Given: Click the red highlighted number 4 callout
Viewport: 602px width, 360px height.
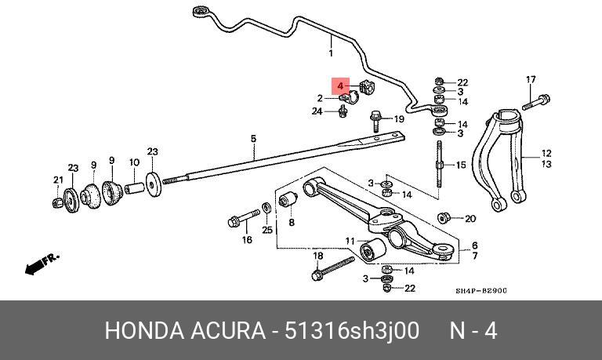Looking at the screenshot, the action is click(340, 86).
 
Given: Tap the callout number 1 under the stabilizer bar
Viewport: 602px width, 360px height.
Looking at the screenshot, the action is click(331, 53).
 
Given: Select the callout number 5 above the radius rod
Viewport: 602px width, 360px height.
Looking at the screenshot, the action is click(253, 138).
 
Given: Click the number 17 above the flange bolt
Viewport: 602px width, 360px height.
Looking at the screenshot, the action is click(531, 79).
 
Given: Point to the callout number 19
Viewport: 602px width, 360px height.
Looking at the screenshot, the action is click(399, 119).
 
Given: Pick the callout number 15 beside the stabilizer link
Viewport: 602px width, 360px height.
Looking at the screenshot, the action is click(461, 165).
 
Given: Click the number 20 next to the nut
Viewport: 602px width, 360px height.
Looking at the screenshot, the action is click(470, 219).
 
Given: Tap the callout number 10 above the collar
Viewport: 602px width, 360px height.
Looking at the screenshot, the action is click(134, 162).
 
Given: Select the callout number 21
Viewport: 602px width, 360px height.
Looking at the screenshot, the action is click(58, 180).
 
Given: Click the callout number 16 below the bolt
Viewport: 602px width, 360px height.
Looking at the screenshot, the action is click(247, 240).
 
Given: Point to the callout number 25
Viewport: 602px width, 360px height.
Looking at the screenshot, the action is click(267, 230).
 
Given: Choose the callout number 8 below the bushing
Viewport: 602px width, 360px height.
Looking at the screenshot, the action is click(292, 222).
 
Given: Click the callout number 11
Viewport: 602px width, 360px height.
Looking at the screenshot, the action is click(350, 242).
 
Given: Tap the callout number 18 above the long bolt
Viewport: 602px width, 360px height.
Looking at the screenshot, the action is click(318, 256).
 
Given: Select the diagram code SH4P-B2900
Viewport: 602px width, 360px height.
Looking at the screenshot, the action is click(481, 290).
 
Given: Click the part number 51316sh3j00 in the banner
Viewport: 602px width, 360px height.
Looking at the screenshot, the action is click(351, 330).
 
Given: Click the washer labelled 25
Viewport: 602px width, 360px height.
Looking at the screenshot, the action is click(266, 208).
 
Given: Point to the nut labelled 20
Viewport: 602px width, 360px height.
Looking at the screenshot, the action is click(444, 218).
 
